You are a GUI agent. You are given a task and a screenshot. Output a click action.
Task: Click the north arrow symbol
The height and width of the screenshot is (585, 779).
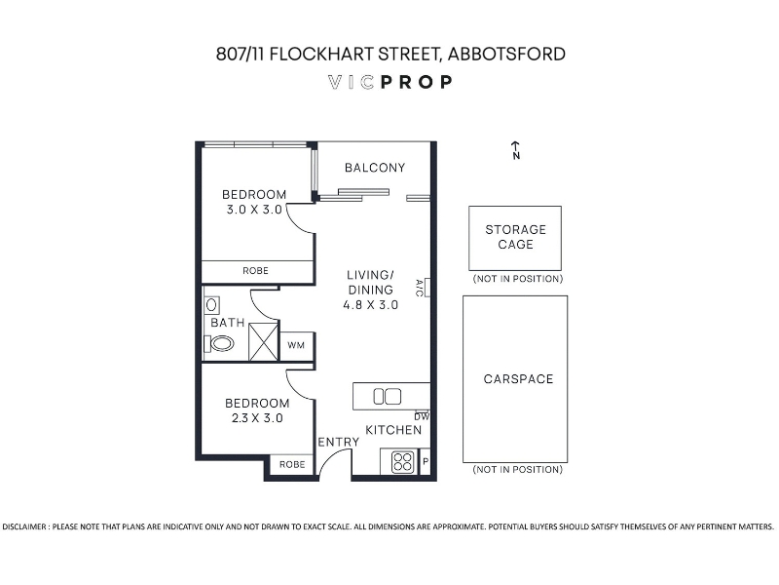pos(516,150)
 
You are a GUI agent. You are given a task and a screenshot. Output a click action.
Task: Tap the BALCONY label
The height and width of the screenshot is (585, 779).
pos(375,168)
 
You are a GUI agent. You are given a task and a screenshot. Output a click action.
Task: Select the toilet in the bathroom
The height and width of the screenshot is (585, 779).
pos(219,343)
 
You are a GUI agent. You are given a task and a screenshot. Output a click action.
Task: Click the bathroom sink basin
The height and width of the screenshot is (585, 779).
pos(211,304)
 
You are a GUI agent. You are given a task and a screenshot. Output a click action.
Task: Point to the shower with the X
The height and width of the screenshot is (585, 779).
pos(263,342)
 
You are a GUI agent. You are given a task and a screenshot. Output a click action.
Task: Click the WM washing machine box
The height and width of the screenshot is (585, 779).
pos(297,345)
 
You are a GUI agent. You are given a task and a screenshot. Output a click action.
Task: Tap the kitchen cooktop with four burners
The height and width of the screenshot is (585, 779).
pos(402,461)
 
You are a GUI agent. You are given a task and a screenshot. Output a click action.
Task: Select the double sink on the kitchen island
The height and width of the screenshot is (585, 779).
pos(387,397)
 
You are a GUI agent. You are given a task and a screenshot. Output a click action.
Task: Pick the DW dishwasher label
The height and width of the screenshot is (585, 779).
pos(422,416)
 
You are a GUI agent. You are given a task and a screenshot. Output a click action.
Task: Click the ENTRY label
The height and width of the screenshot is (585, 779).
pos(338,442)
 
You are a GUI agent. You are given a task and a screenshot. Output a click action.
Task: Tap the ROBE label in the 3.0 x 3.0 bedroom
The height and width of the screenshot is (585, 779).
pos(255,271)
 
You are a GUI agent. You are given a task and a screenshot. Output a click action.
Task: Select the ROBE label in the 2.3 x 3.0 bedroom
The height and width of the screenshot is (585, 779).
pos(292,465)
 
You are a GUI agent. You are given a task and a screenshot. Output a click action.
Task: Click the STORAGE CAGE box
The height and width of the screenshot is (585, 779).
pos(515,238)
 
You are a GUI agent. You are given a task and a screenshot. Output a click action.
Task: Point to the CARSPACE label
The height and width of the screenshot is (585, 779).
pos(518,379)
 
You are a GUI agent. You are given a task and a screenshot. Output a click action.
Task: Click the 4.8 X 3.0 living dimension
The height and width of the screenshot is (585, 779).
pos(371,305)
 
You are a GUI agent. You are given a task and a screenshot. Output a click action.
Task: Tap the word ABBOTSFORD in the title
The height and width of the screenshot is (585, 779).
pos(506,54)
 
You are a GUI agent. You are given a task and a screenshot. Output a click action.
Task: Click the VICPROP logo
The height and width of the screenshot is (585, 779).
pos(390,82)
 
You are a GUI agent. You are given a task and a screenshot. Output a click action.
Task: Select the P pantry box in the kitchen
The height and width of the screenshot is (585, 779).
pos(426,461)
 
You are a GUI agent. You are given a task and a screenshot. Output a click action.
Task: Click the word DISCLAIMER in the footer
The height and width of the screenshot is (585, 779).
pos(23,526)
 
